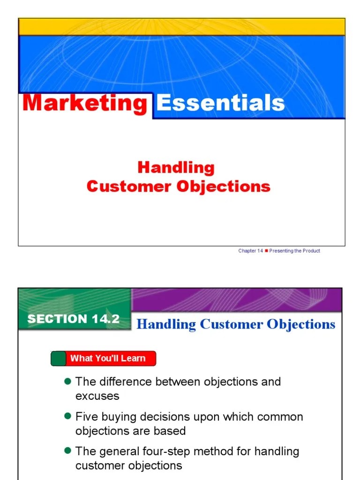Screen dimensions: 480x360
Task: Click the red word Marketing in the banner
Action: point(85,103)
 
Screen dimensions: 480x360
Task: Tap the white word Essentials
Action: point(220,103)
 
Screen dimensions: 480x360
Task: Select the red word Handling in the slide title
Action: point(176,167)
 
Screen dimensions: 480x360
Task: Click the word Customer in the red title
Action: point(129,186)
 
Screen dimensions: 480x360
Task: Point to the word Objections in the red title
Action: point(224,186)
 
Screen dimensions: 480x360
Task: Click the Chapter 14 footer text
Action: point(250,251)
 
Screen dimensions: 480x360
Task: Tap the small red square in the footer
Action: point(266,251)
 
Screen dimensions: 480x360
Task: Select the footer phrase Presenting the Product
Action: point(295,251)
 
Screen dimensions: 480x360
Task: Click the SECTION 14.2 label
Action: point(74,319)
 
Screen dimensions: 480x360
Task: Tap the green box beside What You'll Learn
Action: point(58,359)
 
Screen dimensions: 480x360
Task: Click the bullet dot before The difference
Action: point(67,381)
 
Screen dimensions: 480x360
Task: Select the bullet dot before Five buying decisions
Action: point(67,416)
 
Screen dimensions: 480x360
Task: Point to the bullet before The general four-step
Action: point(67,451)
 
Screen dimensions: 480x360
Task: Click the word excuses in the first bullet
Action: point(97,396)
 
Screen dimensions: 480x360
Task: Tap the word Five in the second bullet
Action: point(86,417)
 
